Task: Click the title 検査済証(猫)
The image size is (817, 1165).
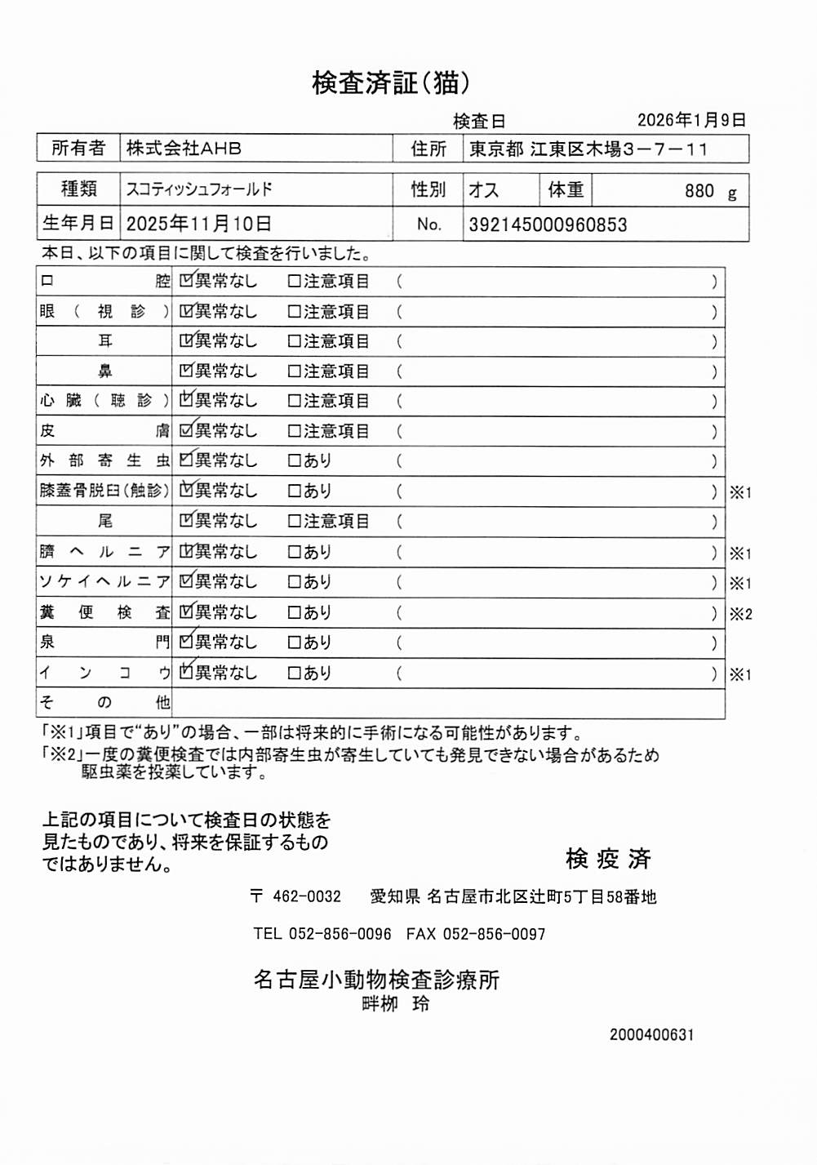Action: click(391, 82)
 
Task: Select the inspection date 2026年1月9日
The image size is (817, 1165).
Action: click(691, 120)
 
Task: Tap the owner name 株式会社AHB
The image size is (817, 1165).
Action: click(184, 149)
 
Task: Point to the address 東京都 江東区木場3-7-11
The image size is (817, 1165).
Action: click(588, 149)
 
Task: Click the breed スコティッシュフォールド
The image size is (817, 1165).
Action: click(199, 189)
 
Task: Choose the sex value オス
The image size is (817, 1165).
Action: click(483, 190)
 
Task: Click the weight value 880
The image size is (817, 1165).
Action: click(699, 191)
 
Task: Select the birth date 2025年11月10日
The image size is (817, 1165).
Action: click(199, 224)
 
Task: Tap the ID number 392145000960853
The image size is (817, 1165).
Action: click(548, 225)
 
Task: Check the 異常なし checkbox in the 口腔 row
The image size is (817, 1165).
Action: click(186, 281)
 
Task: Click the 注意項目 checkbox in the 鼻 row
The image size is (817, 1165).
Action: click(294, 371)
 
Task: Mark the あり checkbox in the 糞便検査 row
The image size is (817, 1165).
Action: click(294, 612)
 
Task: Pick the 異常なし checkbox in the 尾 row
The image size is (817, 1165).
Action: click(186, 521)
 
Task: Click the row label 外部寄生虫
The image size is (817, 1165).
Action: click(104, 460)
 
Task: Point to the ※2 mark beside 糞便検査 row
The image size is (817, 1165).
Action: click(740, 614)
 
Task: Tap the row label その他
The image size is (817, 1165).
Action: click(104, 702)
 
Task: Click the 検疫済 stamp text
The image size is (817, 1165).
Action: click(608, 858)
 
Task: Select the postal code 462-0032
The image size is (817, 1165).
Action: click(307, 896)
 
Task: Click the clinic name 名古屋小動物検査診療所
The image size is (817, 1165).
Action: click(376, 979)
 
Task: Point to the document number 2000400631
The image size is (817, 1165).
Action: click(651, 1034)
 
